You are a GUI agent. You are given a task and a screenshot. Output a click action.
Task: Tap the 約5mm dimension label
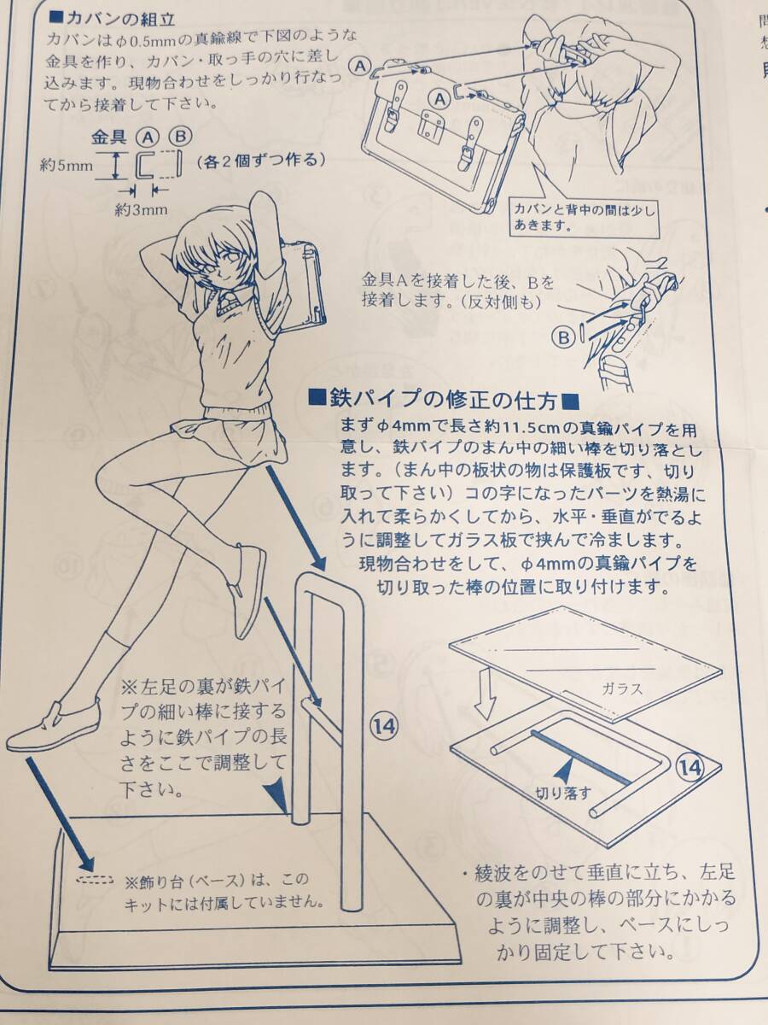(x=66, y=165)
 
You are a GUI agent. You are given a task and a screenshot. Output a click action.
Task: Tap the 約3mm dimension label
(x=141, y=209)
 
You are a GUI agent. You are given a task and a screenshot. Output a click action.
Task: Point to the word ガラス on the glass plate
(x=623, y=688)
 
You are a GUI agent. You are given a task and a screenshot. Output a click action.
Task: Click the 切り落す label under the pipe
(x=563, y=792)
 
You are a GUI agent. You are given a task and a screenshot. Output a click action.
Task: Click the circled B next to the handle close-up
(x=563, y=337)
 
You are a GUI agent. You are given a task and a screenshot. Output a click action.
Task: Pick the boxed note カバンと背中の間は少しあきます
(x=585, y=217)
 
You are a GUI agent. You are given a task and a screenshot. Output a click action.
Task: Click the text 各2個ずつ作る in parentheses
(x=260, y=161)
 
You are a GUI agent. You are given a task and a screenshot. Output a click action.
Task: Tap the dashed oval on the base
(x=94, y=881)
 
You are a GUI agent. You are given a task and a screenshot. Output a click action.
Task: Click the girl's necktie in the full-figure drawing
(x=226, y=302)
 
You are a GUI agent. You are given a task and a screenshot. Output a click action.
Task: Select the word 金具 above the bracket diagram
(x=108, y=138)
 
